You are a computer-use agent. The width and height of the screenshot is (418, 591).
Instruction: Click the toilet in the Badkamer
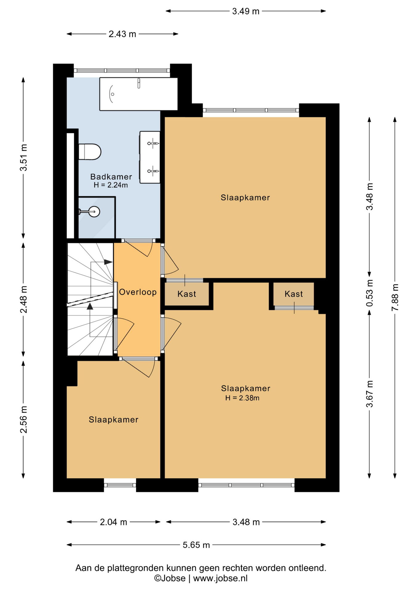[90, 151]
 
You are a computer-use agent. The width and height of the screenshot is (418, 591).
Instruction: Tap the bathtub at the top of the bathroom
[139, 94]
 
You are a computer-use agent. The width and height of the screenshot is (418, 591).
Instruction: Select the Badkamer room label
[111, 177]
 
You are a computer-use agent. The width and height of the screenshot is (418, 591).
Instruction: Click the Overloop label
[138, 292]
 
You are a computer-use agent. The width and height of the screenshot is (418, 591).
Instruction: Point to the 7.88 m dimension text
[395, 297]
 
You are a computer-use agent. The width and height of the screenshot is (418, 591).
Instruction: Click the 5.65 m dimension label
[196, 545]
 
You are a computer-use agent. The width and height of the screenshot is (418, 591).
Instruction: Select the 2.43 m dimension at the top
[122, 34]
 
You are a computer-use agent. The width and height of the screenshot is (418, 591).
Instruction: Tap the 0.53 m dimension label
[370, 293]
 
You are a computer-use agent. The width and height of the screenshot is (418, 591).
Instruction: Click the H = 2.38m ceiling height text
[242, 398]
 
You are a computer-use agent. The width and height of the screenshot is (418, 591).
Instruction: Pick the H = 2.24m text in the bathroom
[111, 185]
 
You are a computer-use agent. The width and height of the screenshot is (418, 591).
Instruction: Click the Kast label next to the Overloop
[187, 294]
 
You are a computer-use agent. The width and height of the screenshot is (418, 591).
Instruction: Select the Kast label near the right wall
[294, 294]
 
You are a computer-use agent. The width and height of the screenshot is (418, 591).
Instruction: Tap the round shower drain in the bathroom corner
[94, 211]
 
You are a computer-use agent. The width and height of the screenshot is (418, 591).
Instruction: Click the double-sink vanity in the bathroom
[150, 157]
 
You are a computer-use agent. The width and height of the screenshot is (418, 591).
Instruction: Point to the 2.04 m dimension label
[114, 522]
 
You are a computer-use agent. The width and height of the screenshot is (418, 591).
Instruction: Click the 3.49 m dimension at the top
[246, 11]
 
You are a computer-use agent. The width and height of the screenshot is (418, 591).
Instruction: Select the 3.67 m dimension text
[370, 394]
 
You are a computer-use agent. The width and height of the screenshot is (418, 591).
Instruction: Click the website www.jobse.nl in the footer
[220, 578]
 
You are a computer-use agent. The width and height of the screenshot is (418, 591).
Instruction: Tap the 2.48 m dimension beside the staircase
[24, 299]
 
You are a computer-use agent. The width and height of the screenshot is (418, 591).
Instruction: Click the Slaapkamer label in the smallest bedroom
[114, 420]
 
